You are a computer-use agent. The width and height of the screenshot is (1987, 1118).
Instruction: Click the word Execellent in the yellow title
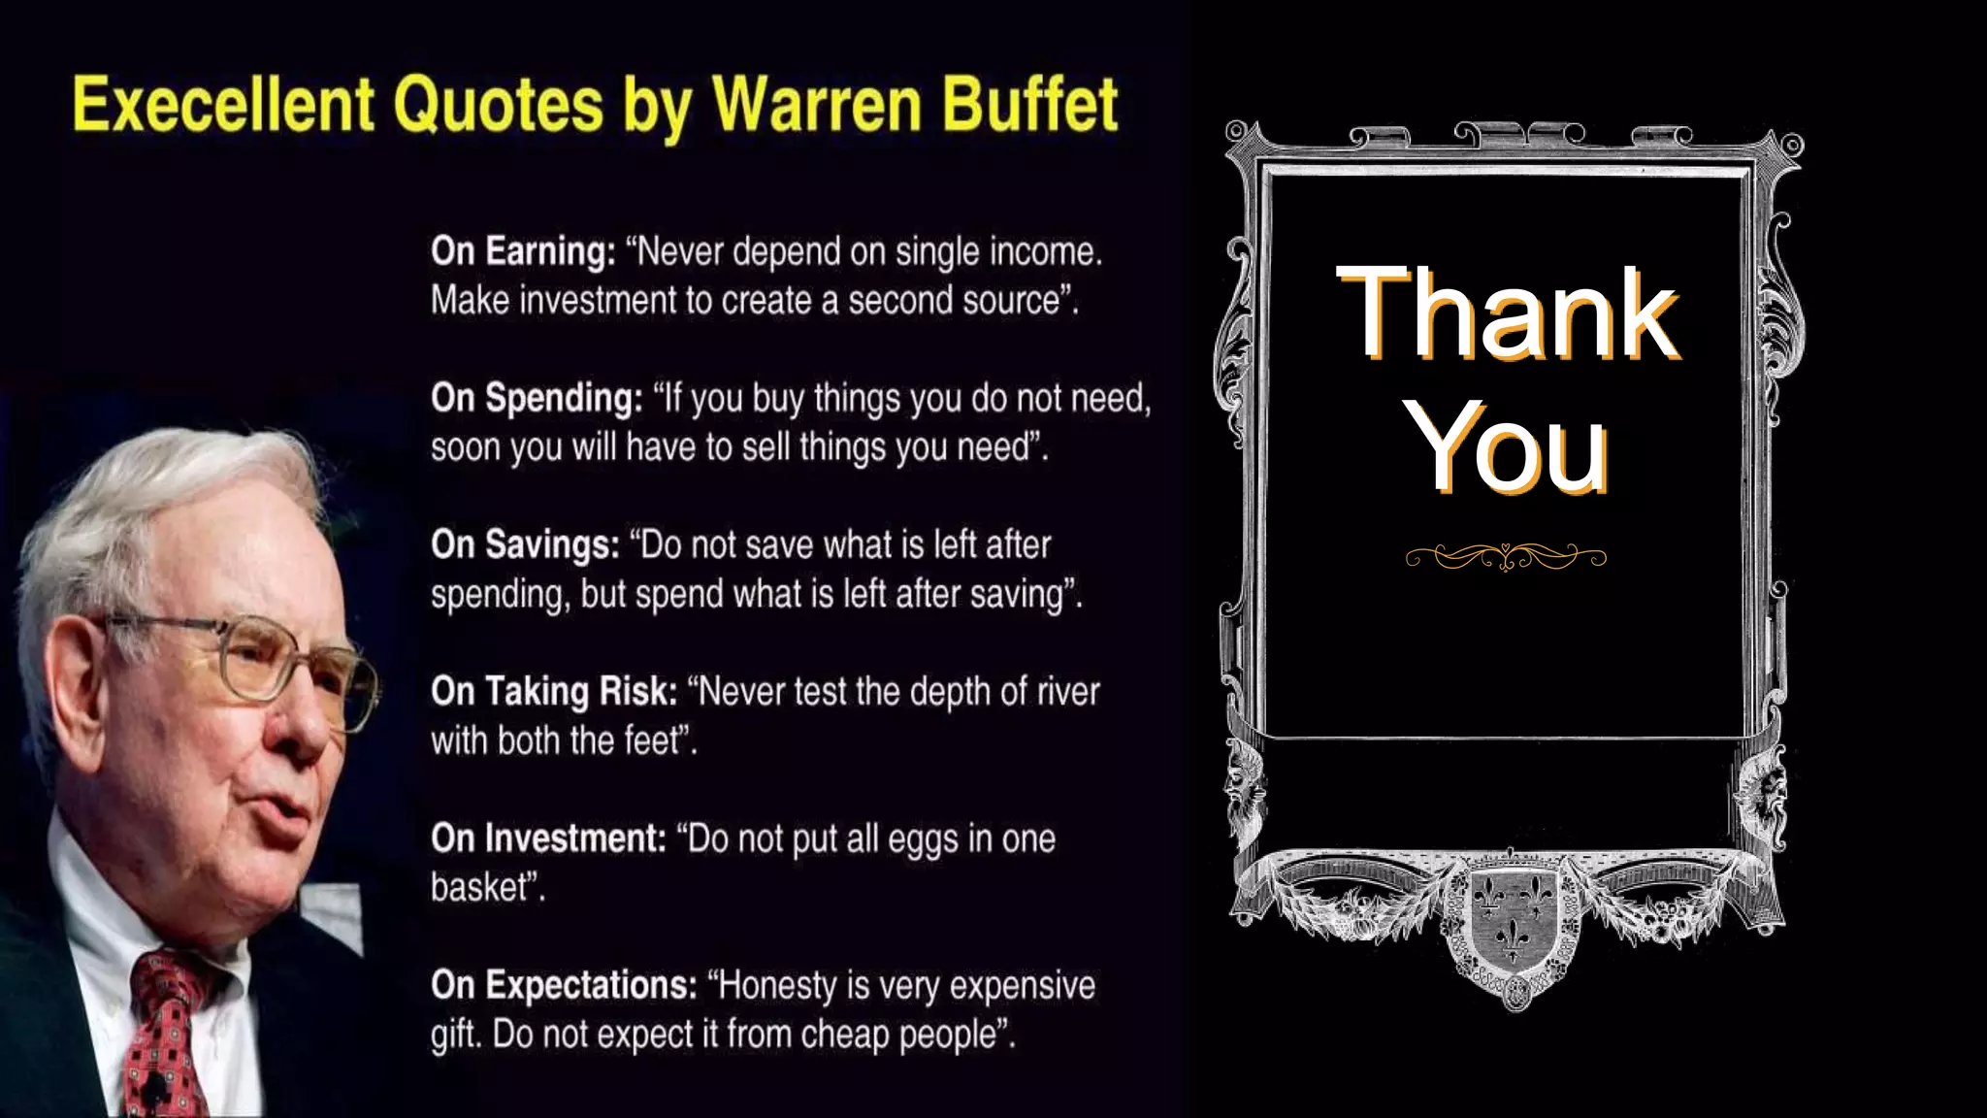223,105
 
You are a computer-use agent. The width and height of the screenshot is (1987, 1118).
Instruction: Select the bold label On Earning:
523,251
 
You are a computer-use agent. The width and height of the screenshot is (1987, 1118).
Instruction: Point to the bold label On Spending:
537,398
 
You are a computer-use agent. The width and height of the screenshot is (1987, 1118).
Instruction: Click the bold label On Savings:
525,544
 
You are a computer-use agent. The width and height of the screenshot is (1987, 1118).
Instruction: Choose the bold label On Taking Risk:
554,691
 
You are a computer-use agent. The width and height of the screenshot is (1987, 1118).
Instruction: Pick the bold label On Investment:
548,838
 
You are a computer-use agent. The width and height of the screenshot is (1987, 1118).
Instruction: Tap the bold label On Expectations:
564,985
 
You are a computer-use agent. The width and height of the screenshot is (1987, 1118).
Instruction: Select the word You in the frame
1510,448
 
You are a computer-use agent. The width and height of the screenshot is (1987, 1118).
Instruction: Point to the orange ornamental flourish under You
1506,557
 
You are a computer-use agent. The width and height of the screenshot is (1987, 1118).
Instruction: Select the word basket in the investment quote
478,887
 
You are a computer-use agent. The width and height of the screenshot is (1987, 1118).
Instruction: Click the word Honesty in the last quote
775,985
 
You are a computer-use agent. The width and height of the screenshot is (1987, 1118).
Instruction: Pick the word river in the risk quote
1068,691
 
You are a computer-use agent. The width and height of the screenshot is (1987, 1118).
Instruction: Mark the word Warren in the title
814,105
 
